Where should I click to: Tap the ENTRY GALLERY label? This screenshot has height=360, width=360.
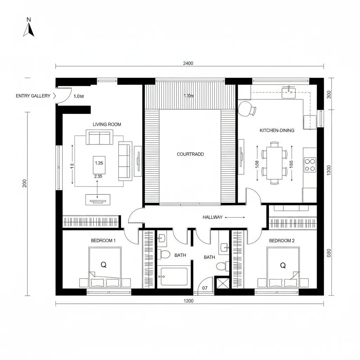pos(33,96)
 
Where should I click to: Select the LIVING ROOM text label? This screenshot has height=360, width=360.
pos(107,124)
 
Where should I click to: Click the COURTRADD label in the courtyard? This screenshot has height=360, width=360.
pos(190,154)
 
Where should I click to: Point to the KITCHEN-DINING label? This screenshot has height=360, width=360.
pos(277,130)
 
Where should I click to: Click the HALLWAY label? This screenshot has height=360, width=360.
pos(213,217)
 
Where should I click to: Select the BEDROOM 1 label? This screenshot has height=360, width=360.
pos(103,241)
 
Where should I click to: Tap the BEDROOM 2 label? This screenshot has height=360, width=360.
pos(282,241)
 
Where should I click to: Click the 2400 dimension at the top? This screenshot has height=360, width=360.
pos(188,63)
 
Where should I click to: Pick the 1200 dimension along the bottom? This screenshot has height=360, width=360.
pos(189,301)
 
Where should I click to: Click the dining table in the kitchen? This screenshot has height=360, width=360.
pos(274,163)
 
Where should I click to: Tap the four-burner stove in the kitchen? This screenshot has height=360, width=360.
pos(310,165)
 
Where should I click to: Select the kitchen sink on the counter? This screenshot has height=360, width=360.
pos(289,93)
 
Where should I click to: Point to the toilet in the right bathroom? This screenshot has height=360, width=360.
pos(221,266)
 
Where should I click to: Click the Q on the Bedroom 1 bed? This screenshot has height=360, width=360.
pos(104,265)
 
